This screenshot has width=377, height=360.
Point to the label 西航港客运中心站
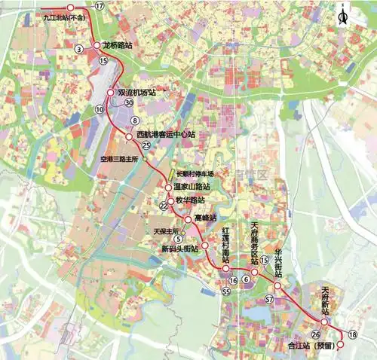coord(167,135)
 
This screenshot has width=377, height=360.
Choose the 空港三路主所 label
coord(120,160)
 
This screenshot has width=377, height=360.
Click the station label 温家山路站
coord(192,186)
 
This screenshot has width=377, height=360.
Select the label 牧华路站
coord(190,200)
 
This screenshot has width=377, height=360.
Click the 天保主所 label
coord(165,230)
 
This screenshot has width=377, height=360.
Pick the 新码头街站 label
coord(179,248)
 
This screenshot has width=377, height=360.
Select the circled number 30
coord(130,102)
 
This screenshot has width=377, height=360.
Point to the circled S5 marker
coord(225,291)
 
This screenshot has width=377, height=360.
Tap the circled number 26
coord(315,334)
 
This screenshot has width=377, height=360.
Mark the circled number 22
coord(163,205)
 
